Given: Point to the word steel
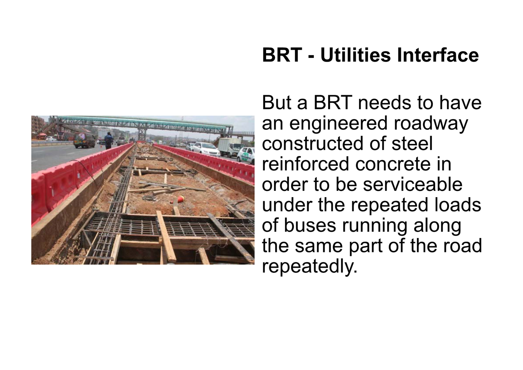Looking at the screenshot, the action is click(412, 143).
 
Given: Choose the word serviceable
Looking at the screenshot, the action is click(413, 184).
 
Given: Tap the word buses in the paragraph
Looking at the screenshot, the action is click(310, 225).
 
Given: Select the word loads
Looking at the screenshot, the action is click(458, 205).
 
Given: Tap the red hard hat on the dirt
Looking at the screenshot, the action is click(180, 199).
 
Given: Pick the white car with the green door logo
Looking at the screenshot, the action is click(246, 155).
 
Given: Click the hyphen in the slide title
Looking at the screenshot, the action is click(312, 57).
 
